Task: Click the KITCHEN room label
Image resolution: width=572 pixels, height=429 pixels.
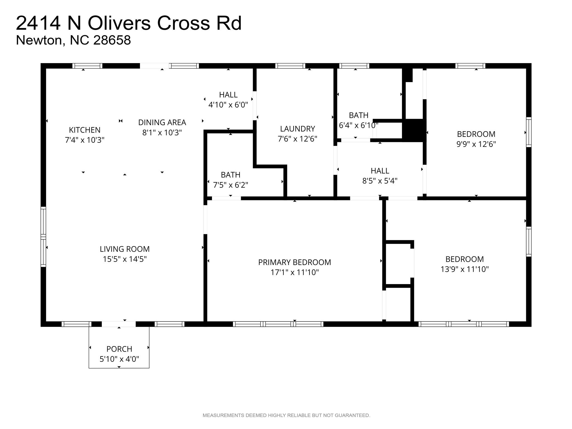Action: point(85,130)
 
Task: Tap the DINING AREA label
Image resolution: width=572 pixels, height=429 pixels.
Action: point(162,122)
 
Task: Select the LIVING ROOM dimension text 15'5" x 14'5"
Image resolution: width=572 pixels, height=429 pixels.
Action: point(125,259)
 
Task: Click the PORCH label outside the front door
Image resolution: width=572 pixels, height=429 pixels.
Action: point(119,349)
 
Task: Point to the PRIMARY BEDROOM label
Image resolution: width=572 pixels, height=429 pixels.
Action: point(294,262)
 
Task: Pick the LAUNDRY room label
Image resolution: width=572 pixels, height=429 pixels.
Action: point(297,129)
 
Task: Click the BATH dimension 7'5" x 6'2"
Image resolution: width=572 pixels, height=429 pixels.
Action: point(230,185)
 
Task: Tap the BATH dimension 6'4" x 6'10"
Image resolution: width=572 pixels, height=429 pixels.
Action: point(358,125)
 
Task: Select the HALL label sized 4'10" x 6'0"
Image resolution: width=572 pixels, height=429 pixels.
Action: point(228,95)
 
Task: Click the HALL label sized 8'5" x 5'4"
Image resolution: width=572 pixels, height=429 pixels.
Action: point(380,171)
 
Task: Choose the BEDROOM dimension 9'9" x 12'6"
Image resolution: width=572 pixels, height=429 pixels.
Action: point(476,144)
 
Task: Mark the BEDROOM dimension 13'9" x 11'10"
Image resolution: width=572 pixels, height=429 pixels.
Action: point(464,269)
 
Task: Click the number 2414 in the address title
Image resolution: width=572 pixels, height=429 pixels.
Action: point(38,23)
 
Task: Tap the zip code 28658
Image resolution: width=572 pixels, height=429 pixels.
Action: point(112,40)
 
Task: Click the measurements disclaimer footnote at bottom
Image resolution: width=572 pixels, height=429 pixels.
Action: point(286,415)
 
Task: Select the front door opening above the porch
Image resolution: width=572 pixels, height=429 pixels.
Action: point(119,324)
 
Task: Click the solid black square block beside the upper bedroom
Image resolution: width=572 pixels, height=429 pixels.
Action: point(414,130)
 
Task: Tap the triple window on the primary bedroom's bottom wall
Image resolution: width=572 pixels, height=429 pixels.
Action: point(278,324)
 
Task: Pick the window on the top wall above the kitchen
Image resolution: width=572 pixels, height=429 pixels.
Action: point(87,66)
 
